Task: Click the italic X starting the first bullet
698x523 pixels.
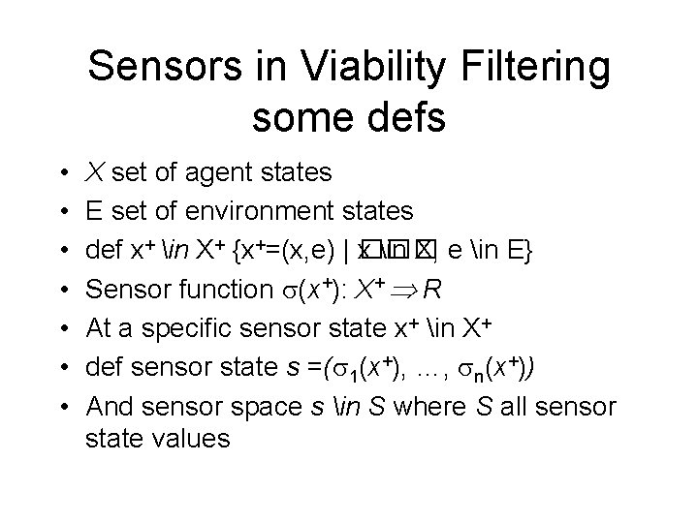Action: pos(95,174)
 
